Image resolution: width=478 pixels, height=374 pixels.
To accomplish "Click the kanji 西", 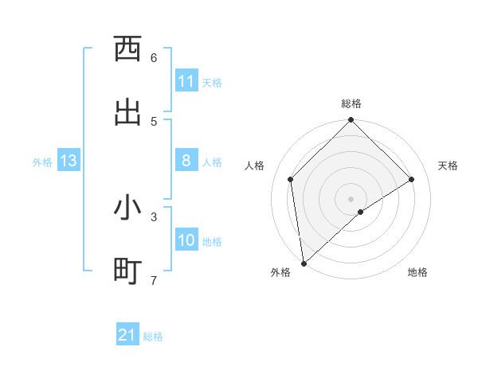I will pos(127,49).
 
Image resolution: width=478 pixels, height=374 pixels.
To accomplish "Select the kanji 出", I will pos(127,111).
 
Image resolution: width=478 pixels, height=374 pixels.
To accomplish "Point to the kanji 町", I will pos(127,271).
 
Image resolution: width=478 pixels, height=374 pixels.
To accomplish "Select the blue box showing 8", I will pos(186,162).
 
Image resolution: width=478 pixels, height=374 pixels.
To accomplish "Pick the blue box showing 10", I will pos(186,240).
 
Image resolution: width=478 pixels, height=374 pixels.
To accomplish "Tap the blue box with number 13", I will pos(69,162).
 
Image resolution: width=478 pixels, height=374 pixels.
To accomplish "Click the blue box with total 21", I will pos(127,335).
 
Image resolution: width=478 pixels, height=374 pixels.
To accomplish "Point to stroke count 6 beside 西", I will pos(154,58).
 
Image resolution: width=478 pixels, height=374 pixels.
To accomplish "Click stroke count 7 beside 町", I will pos(154,280).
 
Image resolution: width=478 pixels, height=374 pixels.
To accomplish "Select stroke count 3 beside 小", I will pos(154,216).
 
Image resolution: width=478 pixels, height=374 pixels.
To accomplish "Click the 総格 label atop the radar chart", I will pos(351,103).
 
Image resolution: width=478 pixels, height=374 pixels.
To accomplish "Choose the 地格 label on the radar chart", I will pos(417,272).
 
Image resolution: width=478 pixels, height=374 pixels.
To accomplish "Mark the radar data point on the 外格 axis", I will pos(304,263).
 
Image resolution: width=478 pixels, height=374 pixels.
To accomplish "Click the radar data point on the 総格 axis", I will pos(351,121).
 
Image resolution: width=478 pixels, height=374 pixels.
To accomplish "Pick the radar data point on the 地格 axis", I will pos(361,212).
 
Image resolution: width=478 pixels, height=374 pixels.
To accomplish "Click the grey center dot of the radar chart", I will pos(351,197).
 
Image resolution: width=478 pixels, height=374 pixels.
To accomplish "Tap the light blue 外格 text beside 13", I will pos(42,162).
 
